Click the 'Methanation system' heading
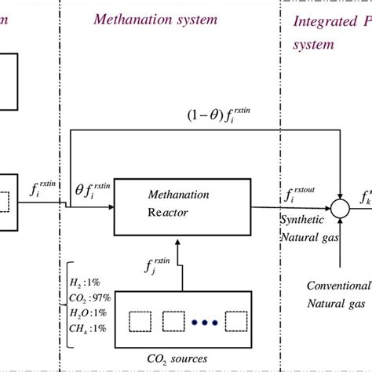155,19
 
